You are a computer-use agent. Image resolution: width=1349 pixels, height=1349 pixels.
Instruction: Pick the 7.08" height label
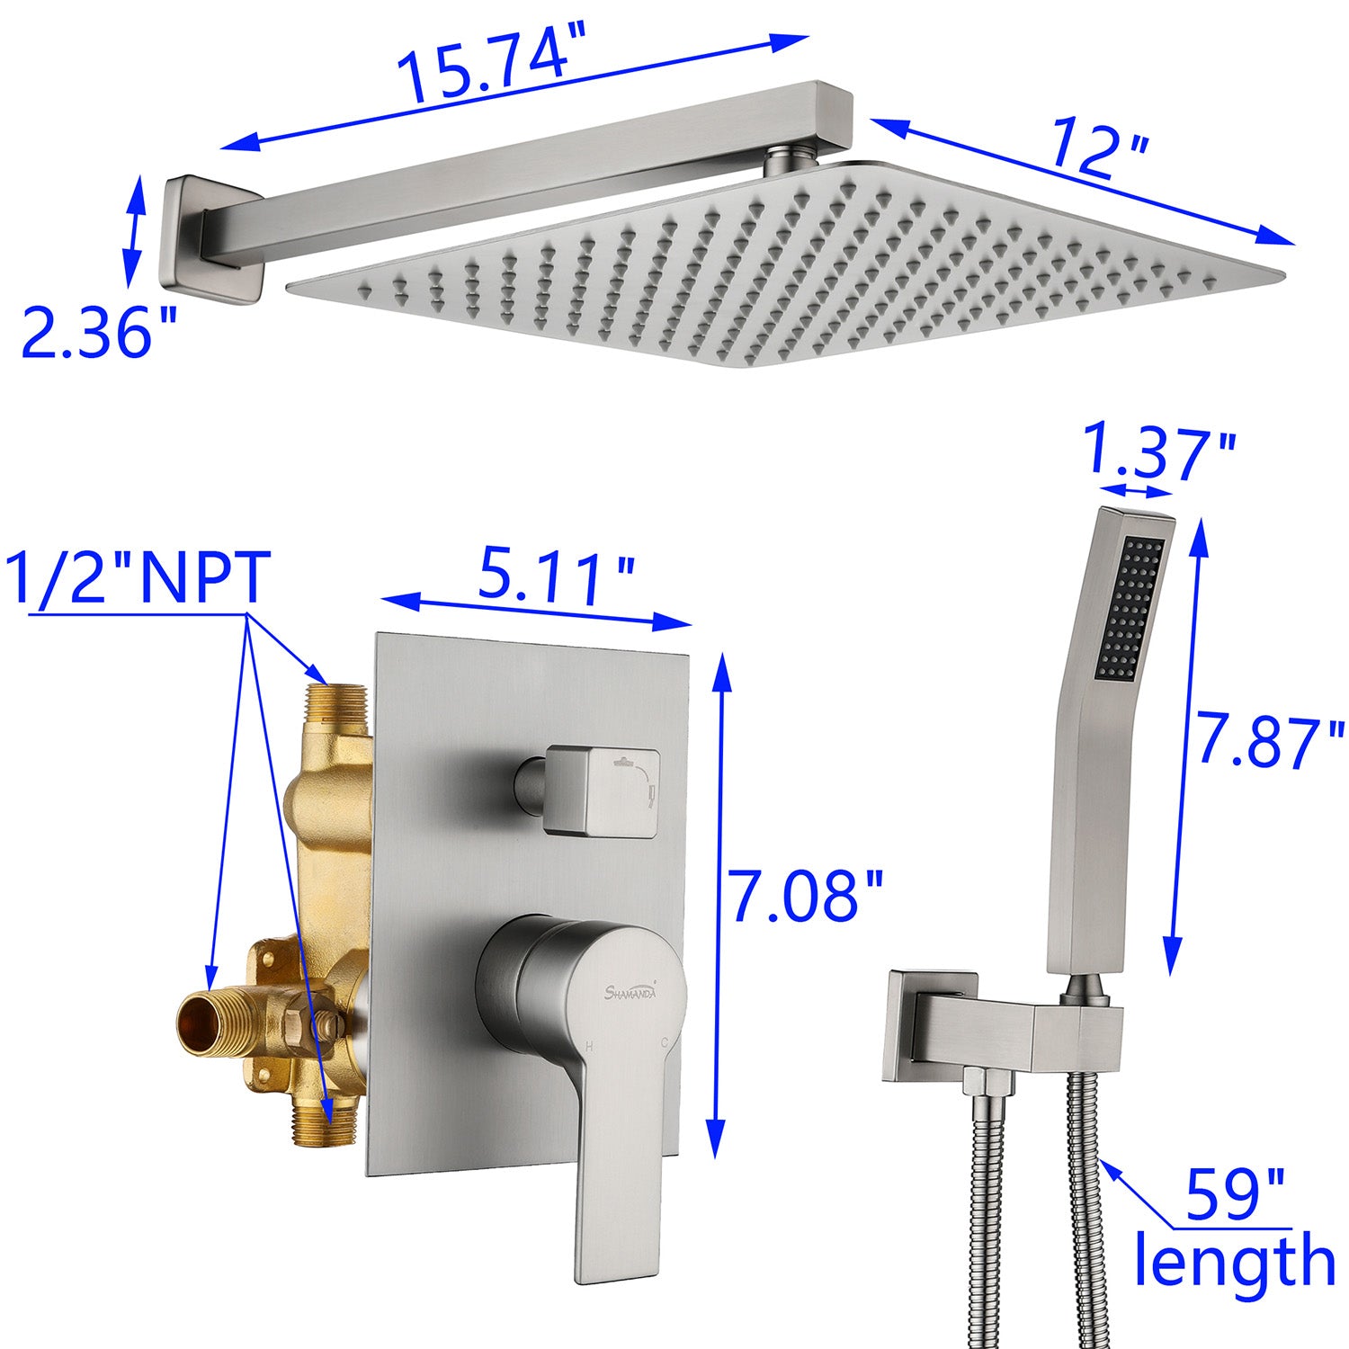pos(806,895)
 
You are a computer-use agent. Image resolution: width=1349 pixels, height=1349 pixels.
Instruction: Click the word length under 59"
pos(1234,1262)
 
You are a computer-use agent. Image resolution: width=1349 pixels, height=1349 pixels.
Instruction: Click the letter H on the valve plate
pos(589,1046)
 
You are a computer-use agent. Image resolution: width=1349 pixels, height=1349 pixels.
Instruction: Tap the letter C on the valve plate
pos(664,1044)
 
